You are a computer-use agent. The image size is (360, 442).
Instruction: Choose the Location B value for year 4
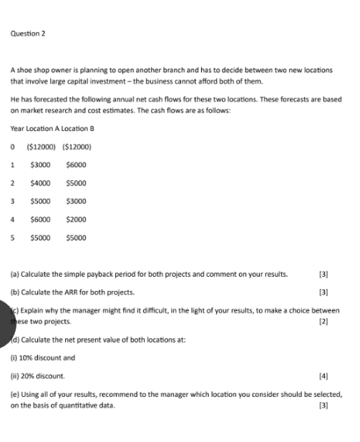(76, 219)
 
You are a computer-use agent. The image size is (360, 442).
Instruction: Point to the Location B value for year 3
(76, 200)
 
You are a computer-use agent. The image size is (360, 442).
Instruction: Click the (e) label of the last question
(14, 394)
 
